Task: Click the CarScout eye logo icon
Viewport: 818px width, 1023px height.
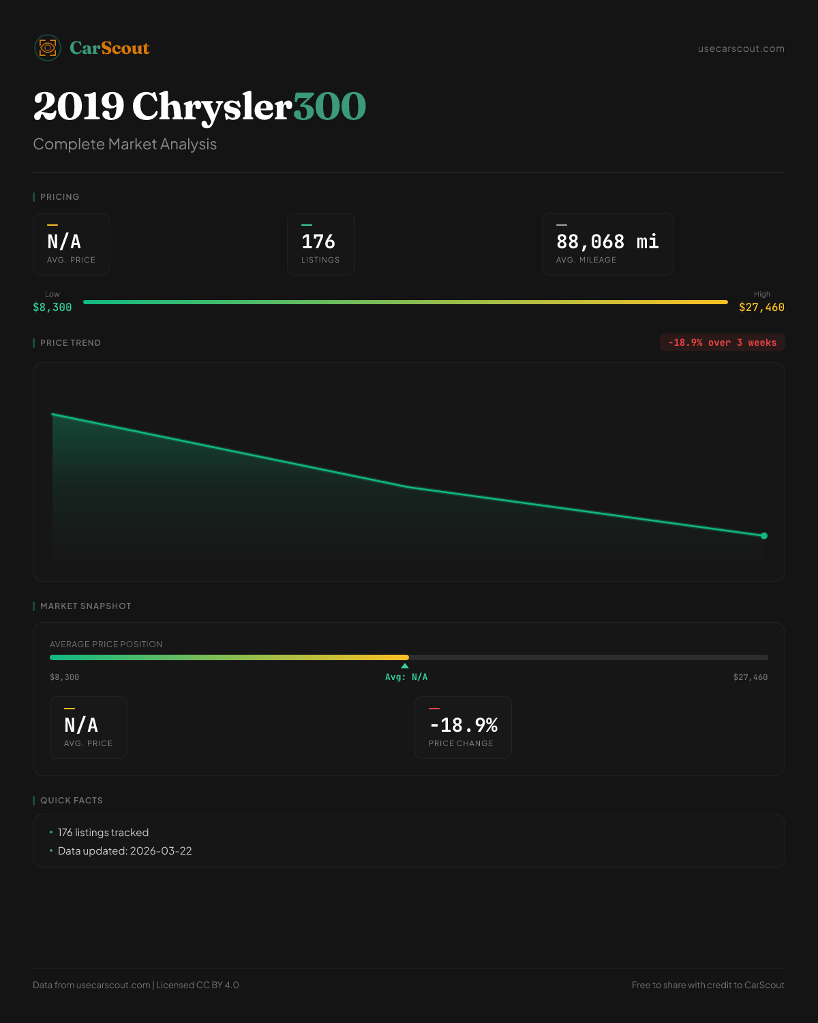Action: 48,48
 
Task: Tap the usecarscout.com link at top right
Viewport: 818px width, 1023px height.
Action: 741,49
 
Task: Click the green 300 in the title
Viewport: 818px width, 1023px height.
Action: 330,106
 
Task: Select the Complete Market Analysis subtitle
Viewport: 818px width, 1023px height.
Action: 125,145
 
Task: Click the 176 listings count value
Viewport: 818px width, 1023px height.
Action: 318,241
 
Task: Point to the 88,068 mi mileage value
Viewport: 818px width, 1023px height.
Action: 607,241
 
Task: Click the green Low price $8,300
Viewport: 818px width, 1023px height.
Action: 52,308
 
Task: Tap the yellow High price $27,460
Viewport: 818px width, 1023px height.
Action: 761,308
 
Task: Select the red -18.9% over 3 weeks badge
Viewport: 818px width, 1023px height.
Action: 722,343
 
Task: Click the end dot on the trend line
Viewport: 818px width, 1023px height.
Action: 764,536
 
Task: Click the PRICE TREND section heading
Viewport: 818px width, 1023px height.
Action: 70,343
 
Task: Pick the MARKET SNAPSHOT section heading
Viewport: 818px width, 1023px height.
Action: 85,606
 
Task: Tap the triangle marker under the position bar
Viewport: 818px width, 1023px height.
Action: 405,666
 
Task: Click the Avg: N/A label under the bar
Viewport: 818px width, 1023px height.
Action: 406,677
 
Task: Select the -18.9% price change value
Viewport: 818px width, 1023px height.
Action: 464,725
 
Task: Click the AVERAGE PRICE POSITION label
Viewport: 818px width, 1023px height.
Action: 106,644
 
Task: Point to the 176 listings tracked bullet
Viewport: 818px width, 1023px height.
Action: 103,833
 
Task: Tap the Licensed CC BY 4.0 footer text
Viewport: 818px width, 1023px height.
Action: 198,985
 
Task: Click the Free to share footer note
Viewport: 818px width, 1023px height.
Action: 708,985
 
